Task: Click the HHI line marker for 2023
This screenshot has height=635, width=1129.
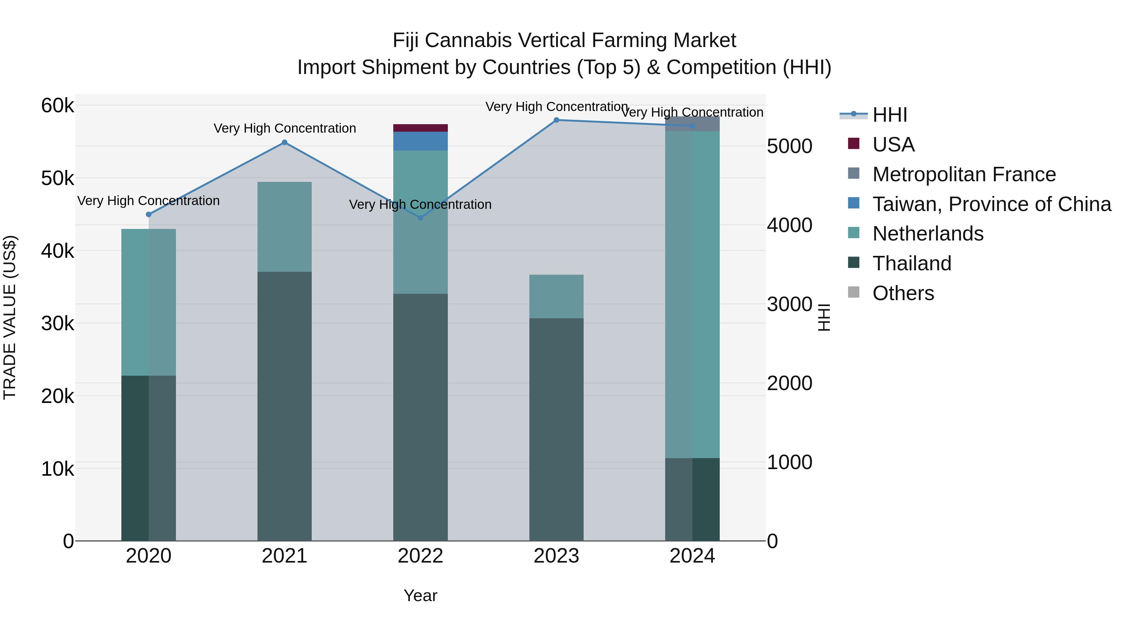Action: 556,120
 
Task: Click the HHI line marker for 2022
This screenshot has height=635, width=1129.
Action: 420,218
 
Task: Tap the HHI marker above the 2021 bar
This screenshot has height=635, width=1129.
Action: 284,142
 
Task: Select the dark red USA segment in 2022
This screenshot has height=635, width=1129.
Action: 420,128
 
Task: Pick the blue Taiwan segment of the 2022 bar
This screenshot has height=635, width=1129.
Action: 420,141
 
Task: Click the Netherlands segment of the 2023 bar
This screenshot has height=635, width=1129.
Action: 556,297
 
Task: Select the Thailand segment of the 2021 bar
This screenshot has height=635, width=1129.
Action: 284,406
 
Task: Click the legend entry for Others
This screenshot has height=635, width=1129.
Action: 903,293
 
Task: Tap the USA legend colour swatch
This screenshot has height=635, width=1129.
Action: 853,144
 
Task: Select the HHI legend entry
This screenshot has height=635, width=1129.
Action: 890,115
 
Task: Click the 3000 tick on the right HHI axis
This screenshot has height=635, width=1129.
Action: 789,304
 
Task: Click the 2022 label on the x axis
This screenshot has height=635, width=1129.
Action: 420,556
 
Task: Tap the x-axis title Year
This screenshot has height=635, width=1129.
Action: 420,595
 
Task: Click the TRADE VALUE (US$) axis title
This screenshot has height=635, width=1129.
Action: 10,317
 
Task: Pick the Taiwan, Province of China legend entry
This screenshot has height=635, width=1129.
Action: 991,204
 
